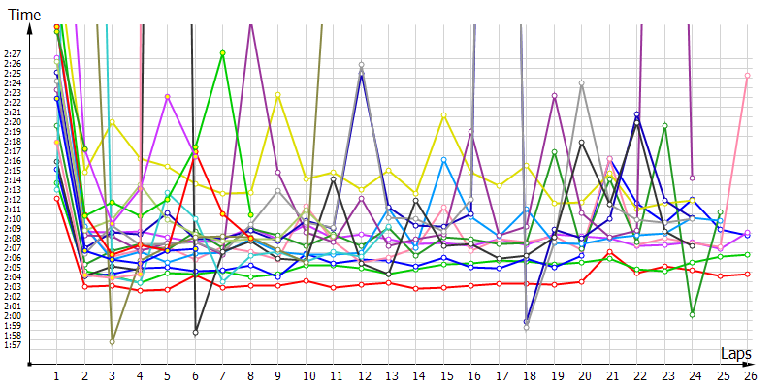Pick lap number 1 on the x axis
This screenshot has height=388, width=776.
click(x=57, y=375)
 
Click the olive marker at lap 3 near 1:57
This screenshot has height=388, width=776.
click(x=113, y=341)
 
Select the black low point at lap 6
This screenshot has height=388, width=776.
click(x=195, y=333)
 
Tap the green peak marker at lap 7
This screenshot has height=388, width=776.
click(x=223, y=53)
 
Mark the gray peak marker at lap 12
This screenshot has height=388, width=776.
click(x=361, y=65)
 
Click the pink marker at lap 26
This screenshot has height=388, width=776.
click(x=747, y=75)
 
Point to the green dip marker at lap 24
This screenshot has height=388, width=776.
click(x=692, y=314)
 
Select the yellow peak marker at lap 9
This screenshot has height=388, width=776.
click(x=278, y=94)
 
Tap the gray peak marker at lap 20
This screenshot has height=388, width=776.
click(x=582, y=83)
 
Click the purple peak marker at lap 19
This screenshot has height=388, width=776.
click(x=554, y=96)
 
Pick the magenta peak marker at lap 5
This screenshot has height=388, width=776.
click(x=168, y=97)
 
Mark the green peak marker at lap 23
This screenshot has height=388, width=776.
click(x=664, y=125)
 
